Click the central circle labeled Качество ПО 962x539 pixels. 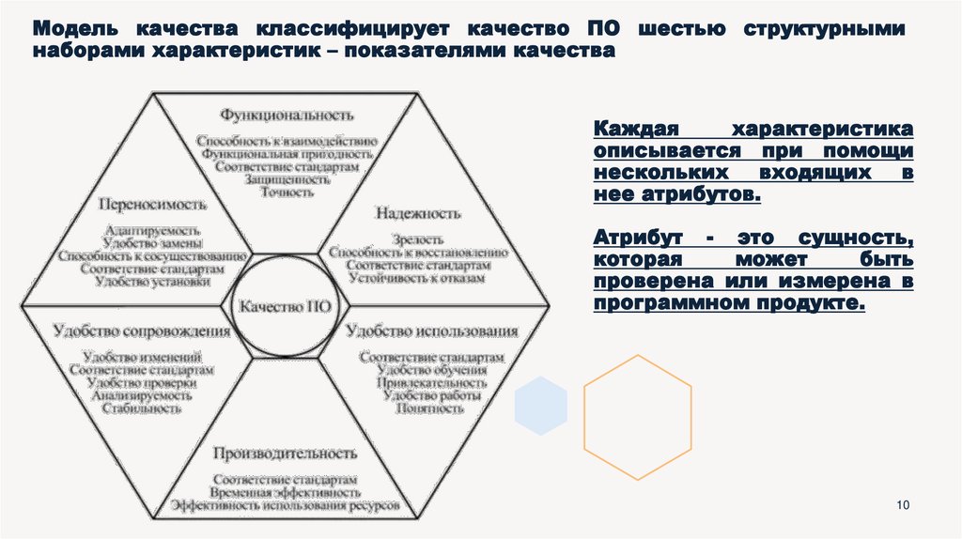click(284, 307)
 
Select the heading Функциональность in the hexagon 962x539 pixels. click(287, 115)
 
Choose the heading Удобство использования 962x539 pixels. click(432, 331)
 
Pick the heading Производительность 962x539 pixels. click(285, 454)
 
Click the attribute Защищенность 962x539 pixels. click(287, 179)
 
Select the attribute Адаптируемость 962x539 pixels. click(152, 229)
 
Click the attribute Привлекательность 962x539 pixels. click(432, 383)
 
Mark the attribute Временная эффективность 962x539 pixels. click(285, 492)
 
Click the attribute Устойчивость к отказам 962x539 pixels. click(416, 279)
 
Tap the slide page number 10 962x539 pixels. click(904, 507)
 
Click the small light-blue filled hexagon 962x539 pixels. click(541, 405)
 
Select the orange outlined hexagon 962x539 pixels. click(638, 416)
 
